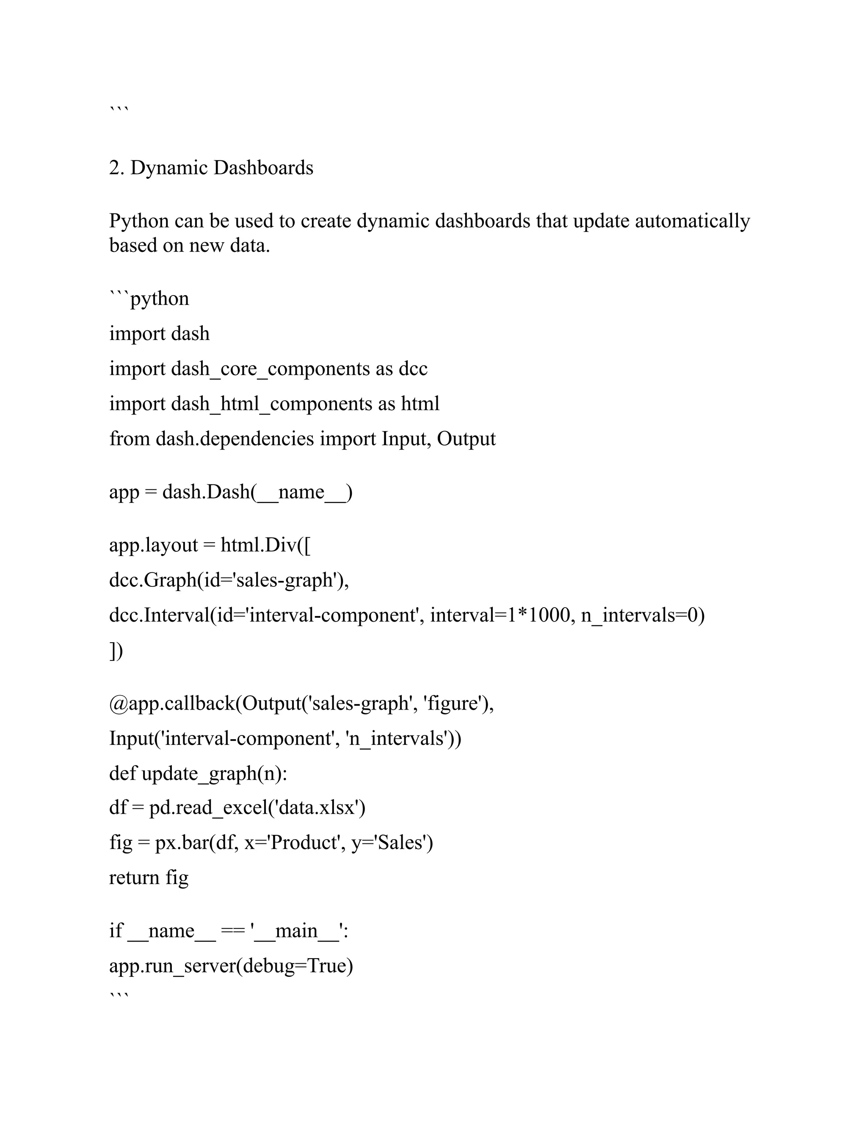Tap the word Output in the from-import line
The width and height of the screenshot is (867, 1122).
(x=467, y=439)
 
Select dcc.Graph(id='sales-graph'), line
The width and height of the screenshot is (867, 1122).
(x=229, y=580)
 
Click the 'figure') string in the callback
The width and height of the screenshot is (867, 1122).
(x=458, y=703)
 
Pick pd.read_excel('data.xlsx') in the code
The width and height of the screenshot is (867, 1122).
(x=257, y=808)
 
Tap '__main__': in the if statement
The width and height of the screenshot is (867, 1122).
(x=299, y=931)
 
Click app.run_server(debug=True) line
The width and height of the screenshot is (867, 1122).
(x=231, y=966)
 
